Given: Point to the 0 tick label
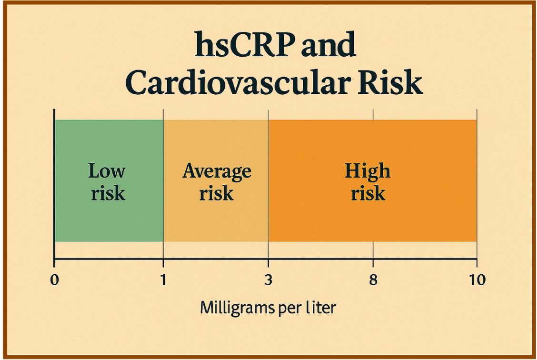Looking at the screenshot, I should point(54,280).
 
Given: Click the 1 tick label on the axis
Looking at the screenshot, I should point(163,280).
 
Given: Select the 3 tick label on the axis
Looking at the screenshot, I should point(268,280).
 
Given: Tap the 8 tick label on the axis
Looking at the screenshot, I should point(373,280).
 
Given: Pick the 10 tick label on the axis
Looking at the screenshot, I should point(477,280).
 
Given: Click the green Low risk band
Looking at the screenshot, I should point(109,214).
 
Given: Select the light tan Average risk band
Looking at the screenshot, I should point(216,219).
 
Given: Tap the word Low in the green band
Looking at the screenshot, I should point(107,171).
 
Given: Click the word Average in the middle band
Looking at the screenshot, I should point(217,171).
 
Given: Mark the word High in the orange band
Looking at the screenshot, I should point(367,171).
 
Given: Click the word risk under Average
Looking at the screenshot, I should point(216,193).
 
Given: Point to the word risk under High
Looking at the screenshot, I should point(368,193).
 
